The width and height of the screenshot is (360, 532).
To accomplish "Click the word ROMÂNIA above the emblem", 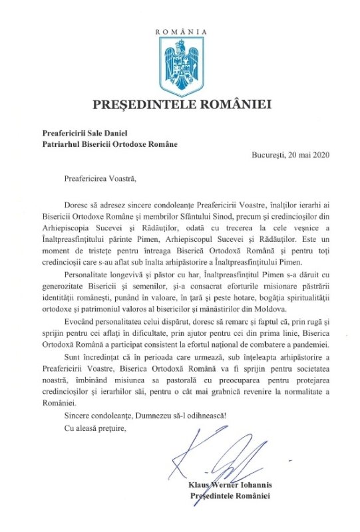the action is pyautogui.click(x=180, y=31).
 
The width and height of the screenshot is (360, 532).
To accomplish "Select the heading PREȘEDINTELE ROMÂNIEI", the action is pyautogui.click(x=180, y=104).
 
